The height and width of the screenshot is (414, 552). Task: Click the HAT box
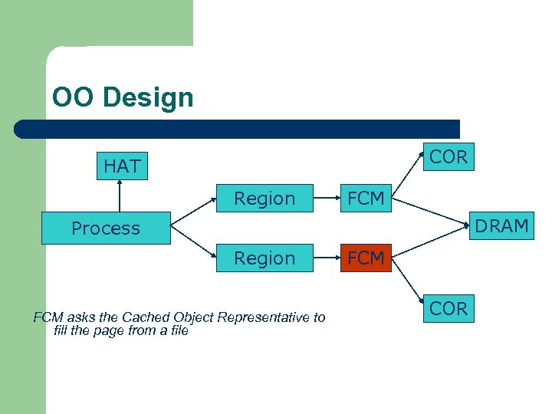pos(122,166)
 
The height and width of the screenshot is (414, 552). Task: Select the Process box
pos(106,228)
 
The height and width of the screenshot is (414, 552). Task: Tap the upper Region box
pos(264,199)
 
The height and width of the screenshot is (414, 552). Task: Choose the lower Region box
pos(264,258)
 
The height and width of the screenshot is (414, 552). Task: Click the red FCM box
pos(366,258)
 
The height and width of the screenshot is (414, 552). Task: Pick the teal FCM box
pos(366,199)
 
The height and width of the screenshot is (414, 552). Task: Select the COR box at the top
pos(449,157)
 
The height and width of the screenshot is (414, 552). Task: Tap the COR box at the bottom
pos(449,308)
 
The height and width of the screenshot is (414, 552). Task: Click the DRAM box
pos(501,226)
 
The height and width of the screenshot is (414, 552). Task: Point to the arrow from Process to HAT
pos(120,196)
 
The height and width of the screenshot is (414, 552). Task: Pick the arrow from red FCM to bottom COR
pos(408,280)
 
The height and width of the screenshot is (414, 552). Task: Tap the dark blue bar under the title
pos(238,129)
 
